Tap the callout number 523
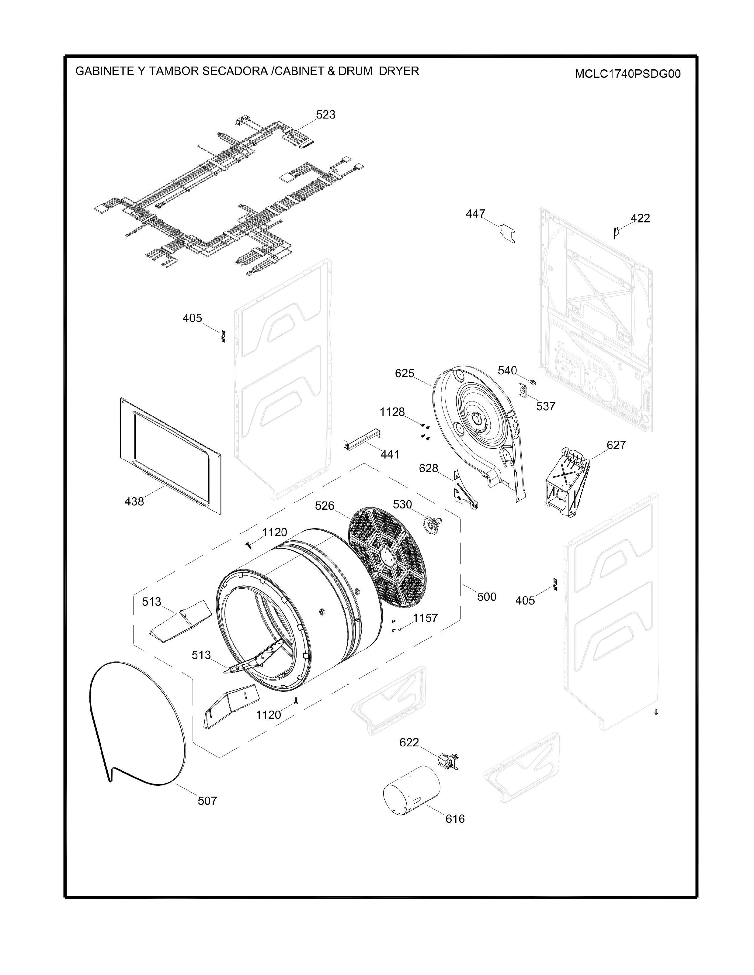[326, 115]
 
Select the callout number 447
[475, 214]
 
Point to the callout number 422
[640, 218]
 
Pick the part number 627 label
[616, 445]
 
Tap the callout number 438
[134, 502]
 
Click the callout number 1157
[425, 618]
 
